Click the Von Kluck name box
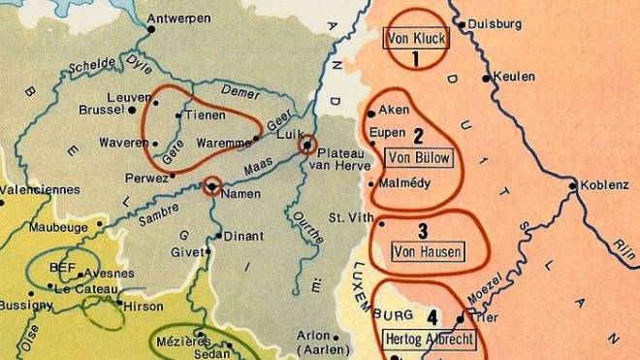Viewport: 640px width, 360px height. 414,40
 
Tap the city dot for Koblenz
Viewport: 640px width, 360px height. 574,185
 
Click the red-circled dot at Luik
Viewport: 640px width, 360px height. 306,146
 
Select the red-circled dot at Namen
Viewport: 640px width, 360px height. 211,185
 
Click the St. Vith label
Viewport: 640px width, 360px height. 350,217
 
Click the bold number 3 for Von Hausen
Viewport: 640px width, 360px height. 423,231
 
